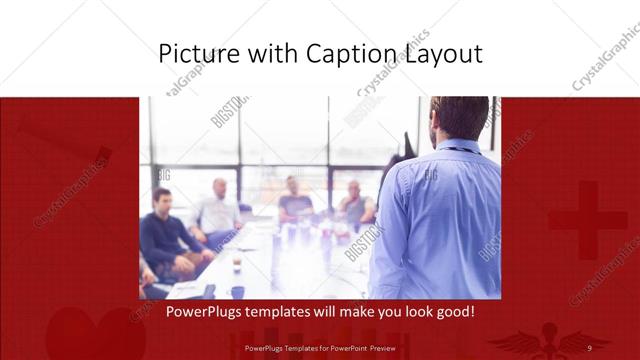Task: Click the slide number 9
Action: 589,347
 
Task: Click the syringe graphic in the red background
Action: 60,140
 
